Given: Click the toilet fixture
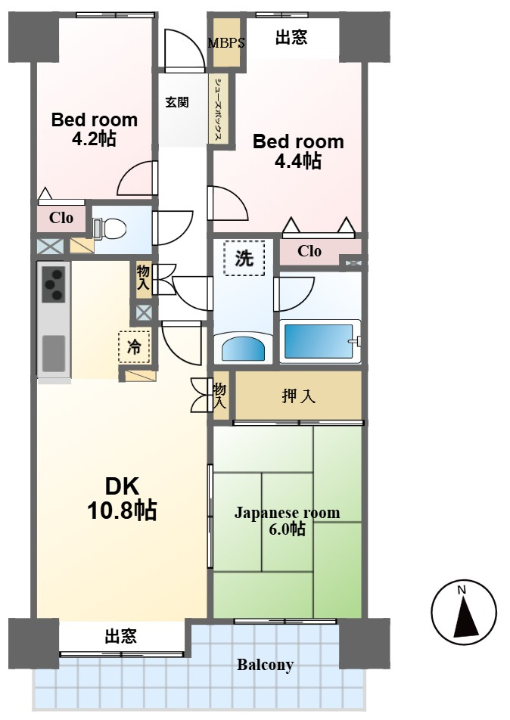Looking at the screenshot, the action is tap(111, 228).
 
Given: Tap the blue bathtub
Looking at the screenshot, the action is tap(319, 341).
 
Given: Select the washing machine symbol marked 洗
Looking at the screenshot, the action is tap(244, 258).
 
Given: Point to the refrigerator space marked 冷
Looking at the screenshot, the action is tap(134, 347).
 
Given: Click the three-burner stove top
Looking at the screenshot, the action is tap(54, 284).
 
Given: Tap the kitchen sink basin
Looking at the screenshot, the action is tap(54, 353).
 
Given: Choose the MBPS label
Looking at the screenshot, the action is tap(226, 43).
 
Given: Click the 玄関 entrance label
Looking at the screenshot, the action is tap(177, 101).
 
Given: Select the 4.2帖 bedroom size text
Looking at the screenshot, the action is tap(94, 138).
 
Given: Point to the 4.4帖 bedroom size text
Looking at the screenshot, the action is tap(297, 160).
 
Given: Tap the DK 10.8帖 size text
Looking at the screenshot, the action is tap(123, 498).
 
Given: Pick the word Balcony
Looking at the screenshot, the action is tap(265, 665).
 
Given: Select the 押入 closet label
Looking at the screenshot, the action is tap(299, 396).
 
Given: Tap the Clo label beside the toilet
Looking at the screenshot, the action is tap(61, 217).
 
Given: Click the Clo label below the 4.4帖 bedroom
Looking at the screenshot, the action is tap(309, 251).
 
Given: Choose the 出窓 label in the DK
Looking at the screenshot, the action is tap(121, 637).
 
